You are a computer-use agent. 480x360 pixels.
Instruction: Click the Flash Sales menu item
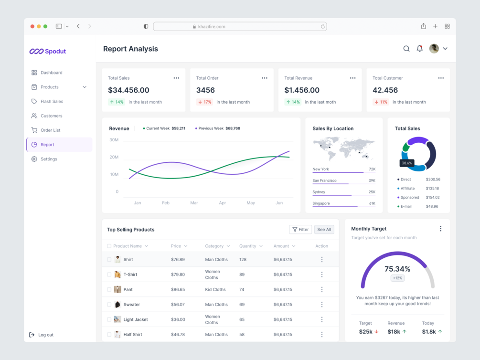(52, 102)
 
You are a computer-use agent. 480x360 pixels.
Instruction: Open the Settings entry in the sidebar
(49, 159)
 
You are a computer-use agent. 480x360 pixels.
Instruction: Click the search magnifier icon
(406, 49)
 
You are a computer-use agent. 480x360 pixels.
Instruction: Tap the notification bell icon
(419, 49)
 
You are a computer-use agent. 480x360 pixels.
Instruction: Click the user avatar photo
(434, 49)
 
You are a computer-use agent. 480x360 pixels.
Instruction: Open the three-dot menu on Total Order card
(265, 78)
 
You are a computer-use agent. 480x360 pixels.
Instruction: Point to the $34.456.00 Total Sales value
(128, 90)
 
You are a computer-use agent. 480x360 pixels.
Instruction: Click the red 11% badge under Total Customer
(381, 102)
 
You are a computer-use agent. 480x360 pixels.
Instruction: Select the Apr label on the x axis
(223, 203)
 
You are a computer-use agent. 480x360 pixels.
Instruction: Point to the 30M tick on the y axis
(114, 140)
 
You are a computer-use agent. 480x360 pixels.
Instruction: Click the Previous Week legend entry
(217, 128)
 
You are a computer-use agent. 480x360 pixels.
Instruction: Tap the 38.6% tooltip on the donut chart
(406, 163)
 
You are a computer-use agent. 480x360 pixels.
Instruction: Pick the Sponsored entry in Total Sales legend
(409, 197)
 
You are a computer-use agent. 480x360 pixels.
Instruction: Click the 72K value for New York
(372, 169)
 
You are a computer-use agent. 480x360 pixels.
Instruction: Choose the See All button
(324, 230)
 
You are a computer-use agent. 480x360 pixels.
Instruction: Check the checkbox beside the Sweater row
(109, 305)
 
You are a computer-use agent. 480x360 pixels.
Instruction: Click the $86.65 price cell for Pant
(178, 289)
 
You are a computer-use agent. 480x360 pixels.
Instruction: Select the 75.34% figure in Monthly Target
(397, 269)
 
